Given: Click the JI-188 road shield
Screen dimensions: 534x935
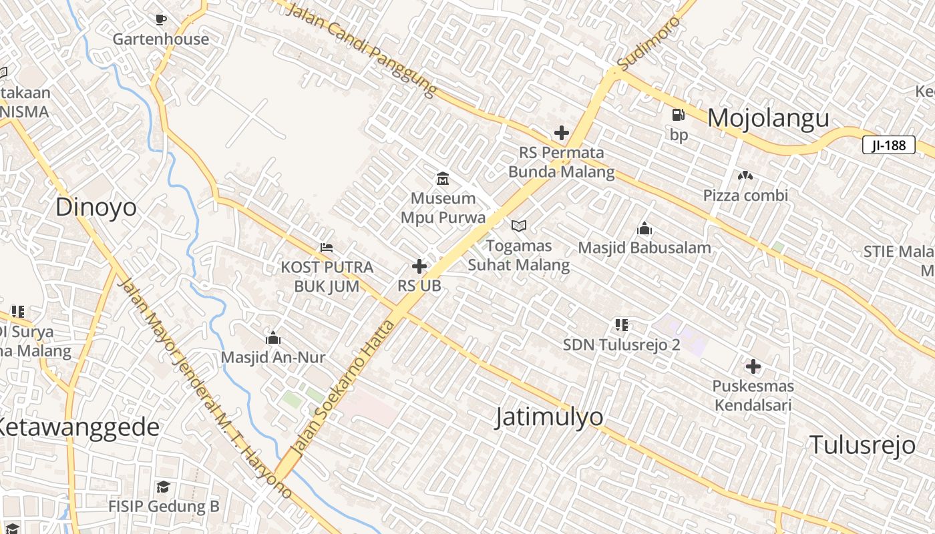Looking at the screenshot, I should tap(888, 145).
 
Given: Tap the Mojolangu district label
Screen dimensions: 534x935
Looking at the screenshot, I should tap(768, 118).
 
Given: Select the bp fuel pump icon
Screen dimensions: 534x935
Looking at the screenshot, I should tap(678, 115).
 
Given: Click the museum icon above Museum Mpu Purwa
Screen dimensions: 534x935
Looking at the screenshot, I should tap(442, 178).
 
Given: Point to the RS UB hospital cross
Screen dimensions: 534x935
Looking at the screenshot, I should tap(419, 267).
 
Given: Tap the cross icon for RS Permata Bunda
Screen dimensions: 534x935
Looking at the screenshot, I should tap(562, 133).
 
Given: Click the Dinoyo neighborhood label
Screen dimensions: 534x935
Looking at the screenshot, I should tap(96, 207).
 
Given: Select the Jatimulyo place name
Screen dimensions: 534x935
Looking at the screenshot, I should tap(549, 417).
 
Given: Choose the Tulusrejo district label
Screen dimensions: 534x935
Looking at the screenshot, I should tap(862, 445).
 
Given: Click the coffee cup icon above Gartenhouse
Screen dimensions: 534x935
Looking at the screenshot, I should tap(160, 19).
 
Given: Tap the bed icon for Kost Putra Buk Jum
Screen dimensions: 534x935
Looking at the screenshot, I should tap(326, 248).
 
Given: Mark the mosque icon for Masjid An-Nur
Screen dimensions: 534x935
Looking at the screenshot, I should tap(272, 338).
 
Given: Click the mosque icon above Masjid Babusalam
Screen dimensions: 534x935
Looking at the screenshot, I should tap(644, 229).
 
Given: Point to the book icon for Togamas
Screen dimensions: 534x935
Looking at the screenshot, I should tap(519, 226).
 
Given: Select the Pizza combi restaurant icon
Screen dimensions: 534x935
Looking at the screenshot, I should tap(745, 176).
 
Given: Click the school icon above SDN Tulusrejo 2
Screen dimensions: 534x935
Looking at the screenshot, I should tap(621, 325).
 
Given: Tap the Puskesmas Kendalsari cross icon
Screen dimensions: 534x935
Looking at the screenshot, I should tap(753, 366).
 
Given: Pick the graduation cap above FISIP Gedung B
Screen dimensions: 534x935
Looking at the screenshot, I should tap(163, 487).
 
